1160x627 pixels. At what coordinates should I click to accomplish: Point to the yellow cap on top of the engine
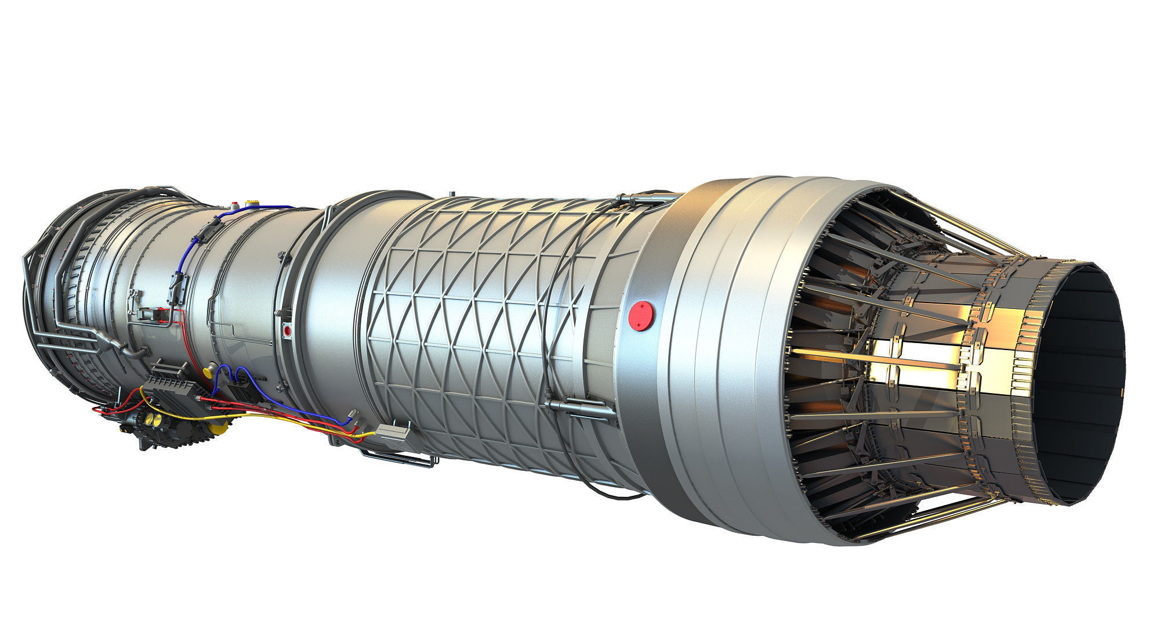click(x=253, y=203)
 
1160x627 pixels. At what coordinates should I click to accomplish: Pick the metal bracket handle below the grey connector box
click(x=400, y=459)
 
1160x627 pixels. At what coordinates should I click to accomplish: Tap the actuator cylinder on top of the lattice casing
click(x=638, y=200)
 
